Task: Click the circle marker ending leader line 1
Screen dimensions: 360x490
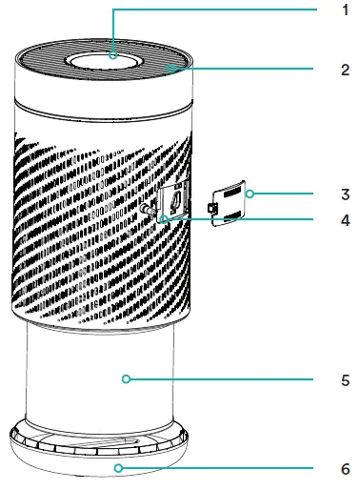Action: pyautogui.click(x=114, y=55)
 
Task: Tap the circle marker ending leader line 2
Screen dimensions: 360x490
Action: pyautogui.click(x=168, y=69)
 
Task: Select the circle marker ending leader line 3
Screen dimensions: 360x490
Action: pyautogui.click(x=250, y=194)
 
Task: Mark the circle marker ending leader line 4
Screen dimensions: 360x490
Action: pyautogui.click(x=164, y=219)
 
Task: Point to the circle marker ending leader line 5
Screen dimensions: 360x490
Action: pyautogui.click(x=126, y=379)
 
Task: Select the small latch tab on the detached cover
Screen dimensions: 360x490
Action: pyautogui.click(x=214, y=207)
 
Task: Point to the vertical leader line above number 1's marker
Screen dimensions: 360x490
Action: pyautogui.click(x=114, y=29)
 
